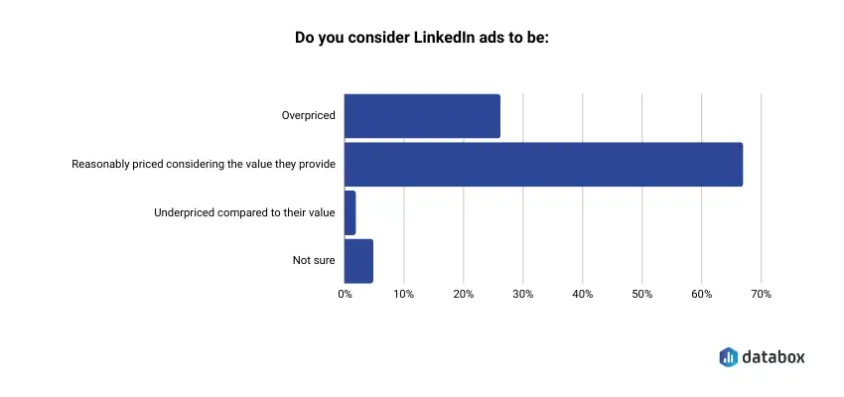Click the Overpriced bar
pos(422,116)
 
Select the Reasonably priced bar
pos(543,165)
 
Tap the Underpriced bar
pos(350,212)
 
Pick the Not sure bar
pos(358,261)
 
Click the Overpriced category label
pos(309,116)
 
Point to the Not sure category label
pos(314,261)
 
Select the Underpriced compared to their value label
pos(244,212)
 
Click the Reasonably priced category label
pos(204,165)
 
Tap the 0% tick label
pos(345,295)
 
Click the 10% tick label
pos(404,295)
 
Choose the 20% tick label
pos(464,295)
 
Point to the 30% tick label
pos(523,295)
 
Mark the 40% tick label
pos(583,295)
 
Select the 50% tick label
pos(642,295)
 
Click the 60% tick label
pos(702,295)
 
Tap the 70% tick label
pos(762,295)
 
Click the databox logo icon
pos(728,356)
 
